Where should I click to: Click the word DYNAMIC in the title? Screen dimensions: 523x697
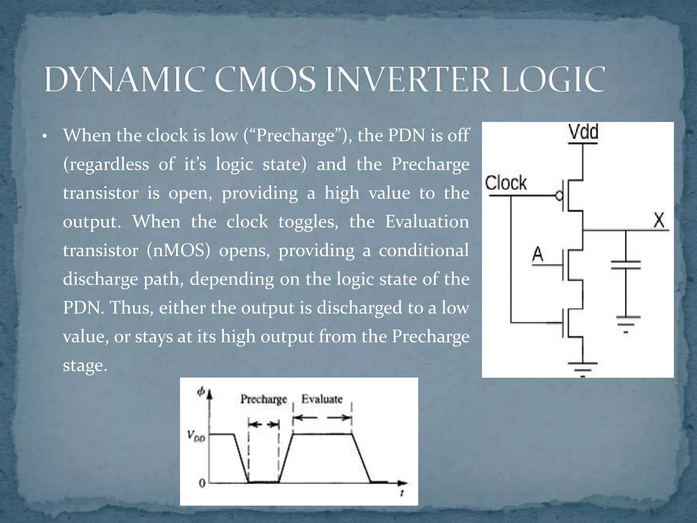(x=124, y=80)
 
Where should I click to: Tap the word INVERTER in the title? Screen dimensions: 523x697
(x=408, y=80)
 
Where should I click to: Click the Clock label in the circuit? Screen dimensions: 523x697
(x=506, y=183)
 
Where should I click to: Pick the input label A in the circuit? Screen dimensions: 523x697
(x=538, y=254)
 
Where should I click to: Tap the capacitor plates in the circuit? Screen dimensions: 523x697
(x=626, y=265)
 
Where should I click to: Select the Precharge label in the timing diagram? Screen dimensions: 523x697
(x=264, y=399)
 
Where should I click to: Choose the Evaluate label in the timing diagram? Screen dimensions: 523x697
(x=322, y=399)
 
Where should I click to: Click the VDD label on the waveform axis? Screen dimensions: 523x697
(x=196, y=436)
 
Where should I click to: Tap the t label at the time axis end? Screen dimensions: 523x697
(x=402, y=493)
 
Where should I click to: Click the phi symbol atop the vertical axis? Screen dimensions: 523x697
(x=201, y=392)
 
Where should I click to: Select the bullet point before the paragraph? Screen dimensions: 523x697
(x=44, y=137)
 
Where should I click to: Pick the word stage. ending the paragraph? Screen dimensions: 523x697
(x=85, y=366)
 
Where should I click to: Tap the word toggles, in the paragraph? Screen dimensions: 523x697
(x=308, y=222)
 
